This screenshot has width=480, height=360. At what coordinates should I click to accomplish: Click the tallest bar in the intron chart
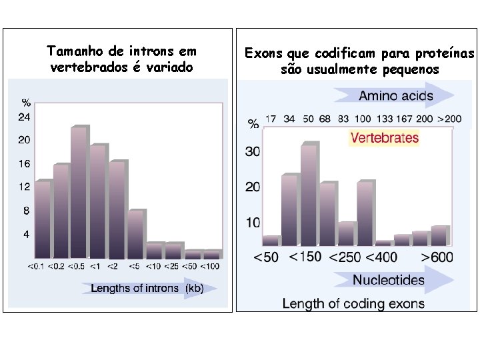pyautogui.click(x=79, y=192)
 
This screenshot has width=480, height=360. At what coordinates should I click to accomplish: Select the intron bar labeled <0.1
pyautogui.click(x=43, y=219)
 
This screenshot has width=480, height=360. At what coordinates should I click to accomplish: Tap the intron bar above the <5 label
pyautogui.click(x=136, y=233)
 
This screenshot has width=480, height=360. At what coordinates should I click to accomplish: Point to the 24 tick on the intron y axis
pyautogui.click(x=24, y=117)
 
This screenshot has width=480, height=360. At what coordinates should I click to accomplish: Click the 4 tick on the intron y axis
pyautogui.click(x=26, y=235)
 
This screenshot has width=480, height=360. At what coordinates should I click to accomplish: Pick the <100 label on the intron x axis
pyautogui.click(x=210, y=267)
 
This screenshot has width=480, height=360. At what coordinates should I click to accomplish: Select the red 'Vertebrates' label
pyautogui.click(x=385, y=138)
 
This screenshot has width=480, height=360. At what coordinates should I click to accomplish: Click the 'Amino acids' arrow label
pyautogui.click(x=395, y=95)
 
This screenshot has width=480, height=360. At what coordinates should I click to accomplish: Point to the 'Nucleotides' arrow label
pyautogui.click(x=388, y=280)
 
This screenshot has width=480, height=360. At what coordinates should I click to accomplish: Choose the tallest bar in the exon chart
pyautogui.click(x=309, y=193)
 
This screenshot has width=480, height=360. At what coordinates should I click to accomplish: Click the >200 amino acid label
pyautogui.click(x=449, y=119)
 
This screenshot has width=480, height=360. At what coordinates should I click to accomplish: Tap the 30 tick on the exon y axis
pyautogui.click(x=253, y=151)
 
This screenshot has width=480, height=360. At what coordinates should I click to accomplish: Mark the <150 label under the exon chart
pyautogui.click(x=305, y=257)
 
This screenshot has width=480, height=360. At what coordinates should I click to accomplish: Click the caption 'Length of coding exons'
pyautogui.click(x=353, y=303)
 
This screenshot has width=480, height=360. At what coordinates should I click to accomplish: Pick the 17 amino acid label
pyautogui.click(x=271, y=119)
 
